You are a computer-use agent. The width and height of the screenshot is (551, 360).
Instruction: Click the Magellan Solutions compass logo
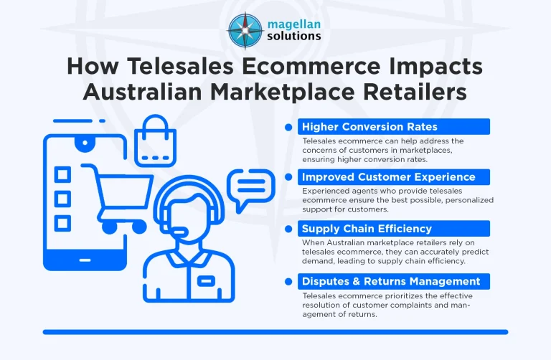tap(245, 29)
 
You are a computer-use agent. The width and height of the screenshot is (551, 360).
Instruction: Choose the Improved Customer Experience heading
tap(387, 177)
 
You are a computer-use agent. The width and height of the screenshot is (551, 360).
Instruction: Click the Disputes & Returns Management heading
tap(391, 280)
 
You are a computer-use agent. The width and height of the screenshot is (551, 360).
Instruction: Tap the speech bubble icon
tap(250, 189)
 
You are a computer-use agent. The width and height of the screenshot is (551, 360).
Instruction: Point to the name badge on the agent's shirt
tap(207, 279)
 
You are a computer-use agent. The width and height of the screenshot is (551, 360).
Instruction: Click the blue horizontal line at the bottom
tap(275, 332)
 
